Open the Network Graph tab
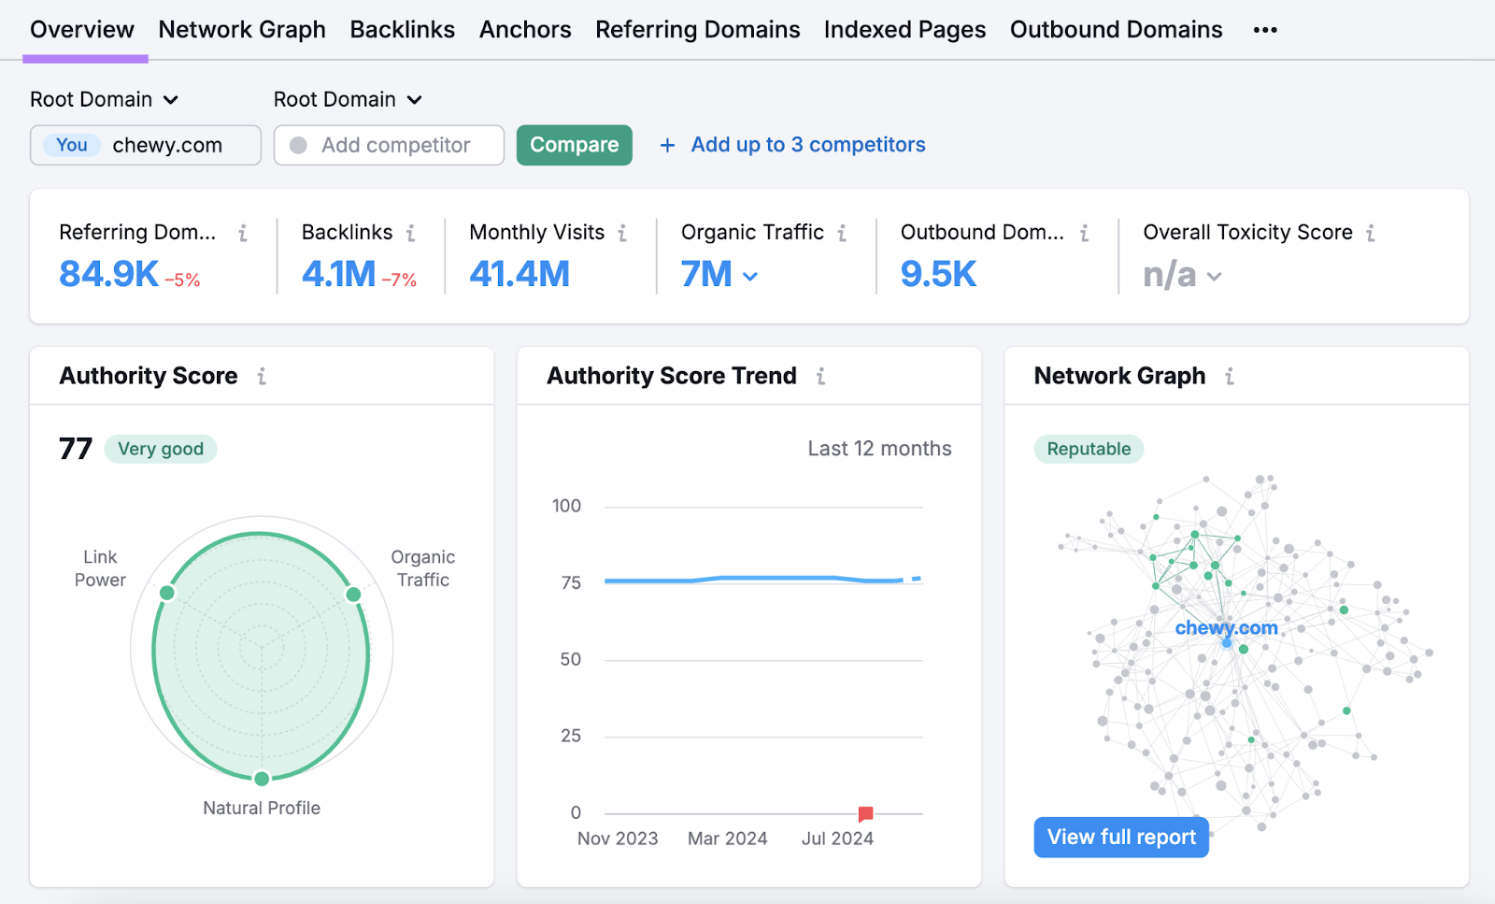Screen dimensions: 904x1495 (x=242, y=30)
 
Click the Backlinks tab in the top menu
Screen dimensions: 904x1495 (x=402, y=30)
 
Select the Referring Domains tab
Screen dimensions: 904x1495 (x=697, y=30)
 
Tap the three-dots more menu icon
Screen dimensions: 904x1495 (x=1265, y=30)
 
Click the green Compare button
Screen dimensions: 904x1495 (x=574, y=145)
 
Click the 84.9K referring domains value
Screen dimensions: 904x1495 (x=108, y=274)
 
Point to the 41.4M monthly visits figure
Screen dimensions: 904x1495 (x=519, y=274)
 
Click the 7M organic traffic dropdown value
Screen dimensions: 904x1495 (x=718, y=274)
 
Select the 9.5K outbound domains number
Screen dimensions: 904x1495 (x=937, y=274)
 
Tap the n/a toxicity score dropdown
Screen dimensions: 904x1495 (x=1181, y=275)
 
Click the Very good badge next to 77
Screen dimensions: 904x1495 (x=161, y=449)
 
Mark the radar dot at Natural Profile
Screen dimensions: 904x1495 (x=262, y=779)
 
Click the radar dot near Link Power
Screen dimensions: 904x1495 (x=167, y=593)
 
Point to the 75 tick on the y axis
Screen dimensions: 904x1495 (x=571, y=582)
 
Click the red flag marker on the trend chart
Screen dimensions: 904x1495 (x=865, y=813)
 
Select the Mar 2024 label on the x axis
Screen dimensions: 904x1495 (x=727, y=839)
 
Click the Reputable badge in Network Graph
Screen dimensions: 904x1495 (x=1089, y=449)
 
